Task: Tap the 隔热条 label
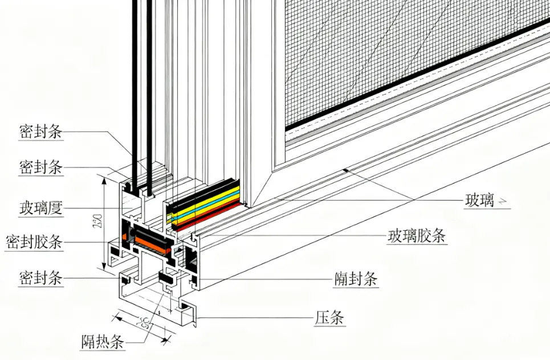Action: (102, 342)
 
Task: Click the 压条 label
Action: (330, 317)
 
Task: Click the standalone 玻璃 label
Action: (479, 201)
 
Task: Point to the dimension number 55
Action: (144, 324)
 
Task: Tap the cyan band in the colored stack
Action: (205, 199)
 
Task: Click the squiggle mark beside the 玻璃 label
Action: (502, 201)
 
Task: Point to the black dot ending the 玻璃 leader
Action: (344, 169)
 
